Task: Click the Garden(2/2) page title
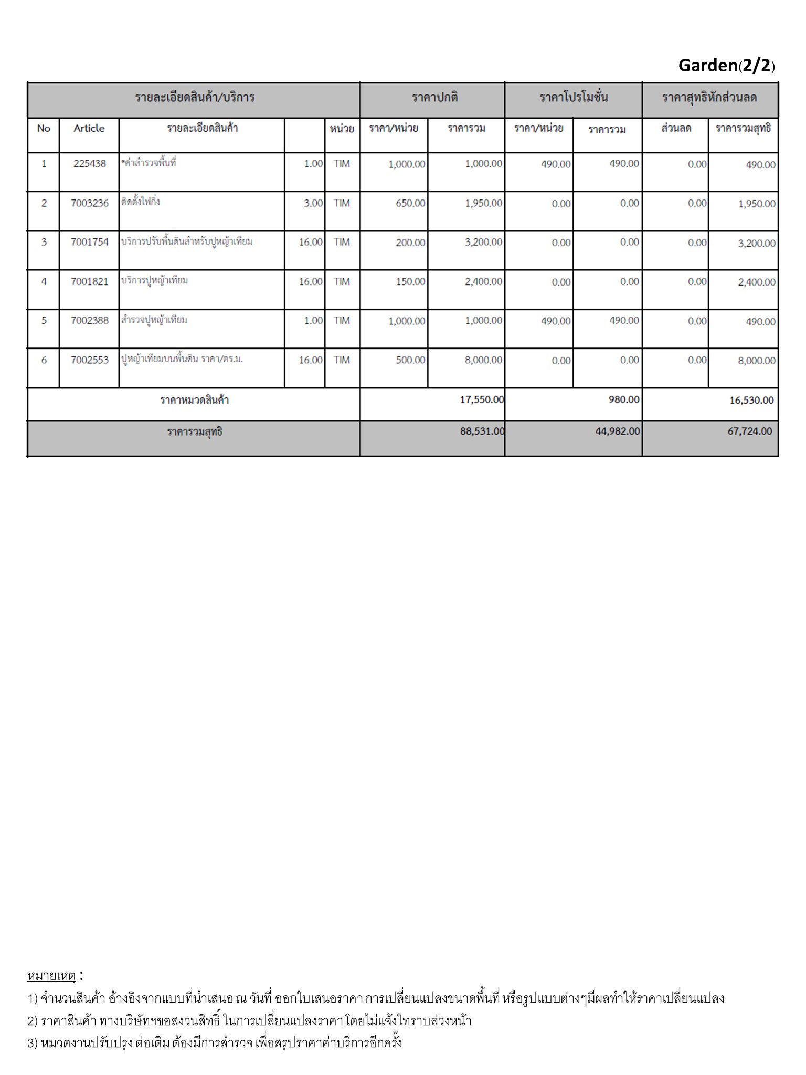click(x=726, y=66)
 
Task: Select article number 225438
click(x=89, y=164)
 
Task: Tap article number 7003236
click(x=89, y=203)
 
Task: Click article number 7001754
click(x=89, y=242)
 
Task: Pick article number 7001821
click(x=89, y=281)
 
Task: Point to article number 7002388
click(x=89, y=320)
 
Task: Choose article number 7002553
click(x=89, y=360)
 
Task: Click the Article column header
click(x=89, y=129)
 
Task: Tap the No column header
click(x=44, y=129)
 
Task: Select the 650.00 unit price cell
click(x=410, y=204)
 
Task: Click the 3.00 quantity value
click(x=313, y=203)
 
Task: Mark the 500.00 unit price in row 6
click(x=410, y=360)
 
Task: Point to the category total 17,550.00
click(x=482, y=400)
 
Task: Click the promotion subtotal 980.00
click(x=624, y=400)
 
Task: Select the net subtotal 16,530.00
click(x=751, y=401)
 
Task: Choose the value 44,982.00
click(x=618, y=431)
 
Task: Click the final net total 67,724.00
click(x=750, y=431)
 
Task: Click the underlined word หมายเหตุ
click(x=51, y=976)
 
